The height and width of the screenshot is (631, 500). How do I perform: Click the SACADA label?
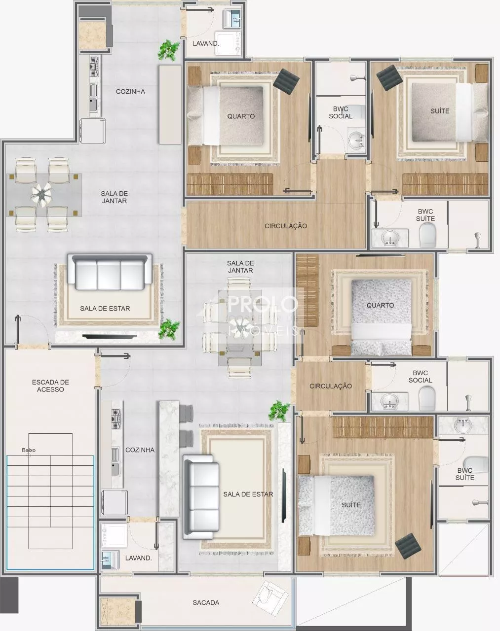206,602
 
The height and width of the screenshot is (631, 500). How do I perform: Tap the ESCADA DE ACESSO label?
50,386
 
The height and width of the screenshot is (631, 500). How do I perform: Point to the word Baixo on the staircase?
29,450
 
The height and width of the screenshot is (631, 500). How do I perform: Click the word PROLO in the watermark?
262,304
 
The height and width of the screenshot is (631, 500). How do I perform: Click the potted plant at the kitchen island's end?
168,50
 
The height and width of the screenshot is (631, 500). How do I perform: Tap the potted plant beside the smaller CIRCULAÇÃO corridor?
279,411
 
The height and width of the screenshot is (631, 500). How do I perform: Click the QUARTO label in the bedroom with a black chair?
241,116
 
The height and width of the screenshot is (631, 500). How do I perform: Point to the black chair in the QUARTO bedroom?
286,81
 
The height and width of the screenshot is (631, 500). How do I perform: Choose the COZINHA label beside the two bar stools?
140,450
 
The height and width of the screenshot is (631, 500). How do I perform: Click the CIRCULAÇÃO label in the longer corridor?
286,226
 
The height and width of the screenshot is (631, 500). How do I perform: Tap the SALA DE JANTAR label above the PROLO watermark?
240,267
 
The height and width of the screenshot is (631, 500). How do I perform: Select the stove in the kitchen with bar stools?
116,419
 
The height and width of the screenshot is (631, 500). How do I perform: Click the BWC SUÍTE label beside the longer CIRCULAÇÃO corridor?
425,215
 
